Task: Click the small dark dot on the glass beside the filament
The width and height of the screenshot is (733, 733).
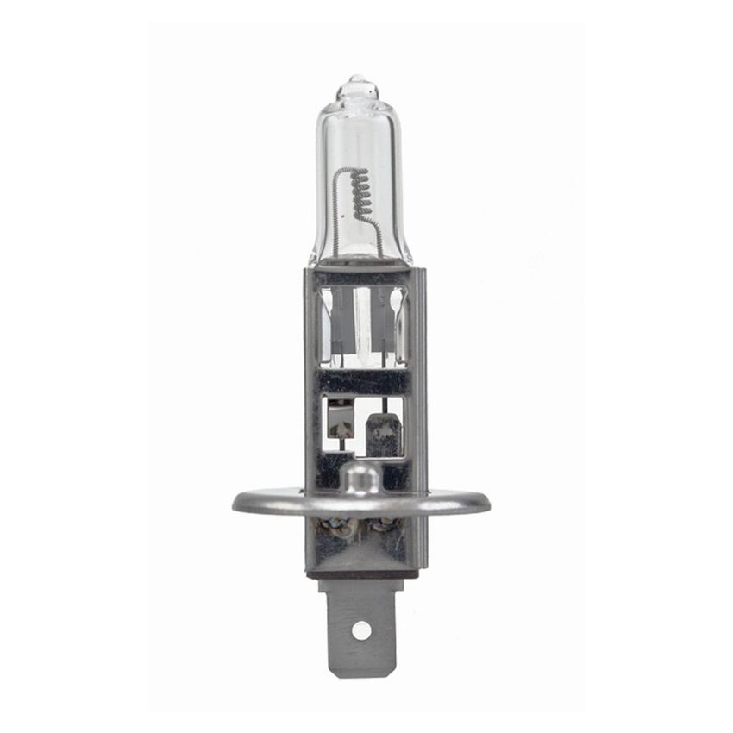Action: pyautogui.click(x=351, y=208)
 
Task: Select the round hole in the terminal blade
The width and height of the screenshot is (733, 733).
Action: pyautogui.click(x=361, y=630)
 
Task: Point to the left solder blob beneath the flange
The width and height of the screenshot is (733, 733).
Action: pyautogui.click(x=336, y=527)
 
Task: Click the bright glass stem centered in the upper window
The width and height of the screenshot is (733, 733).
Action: pyautogui.click(x=361, y=319)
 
